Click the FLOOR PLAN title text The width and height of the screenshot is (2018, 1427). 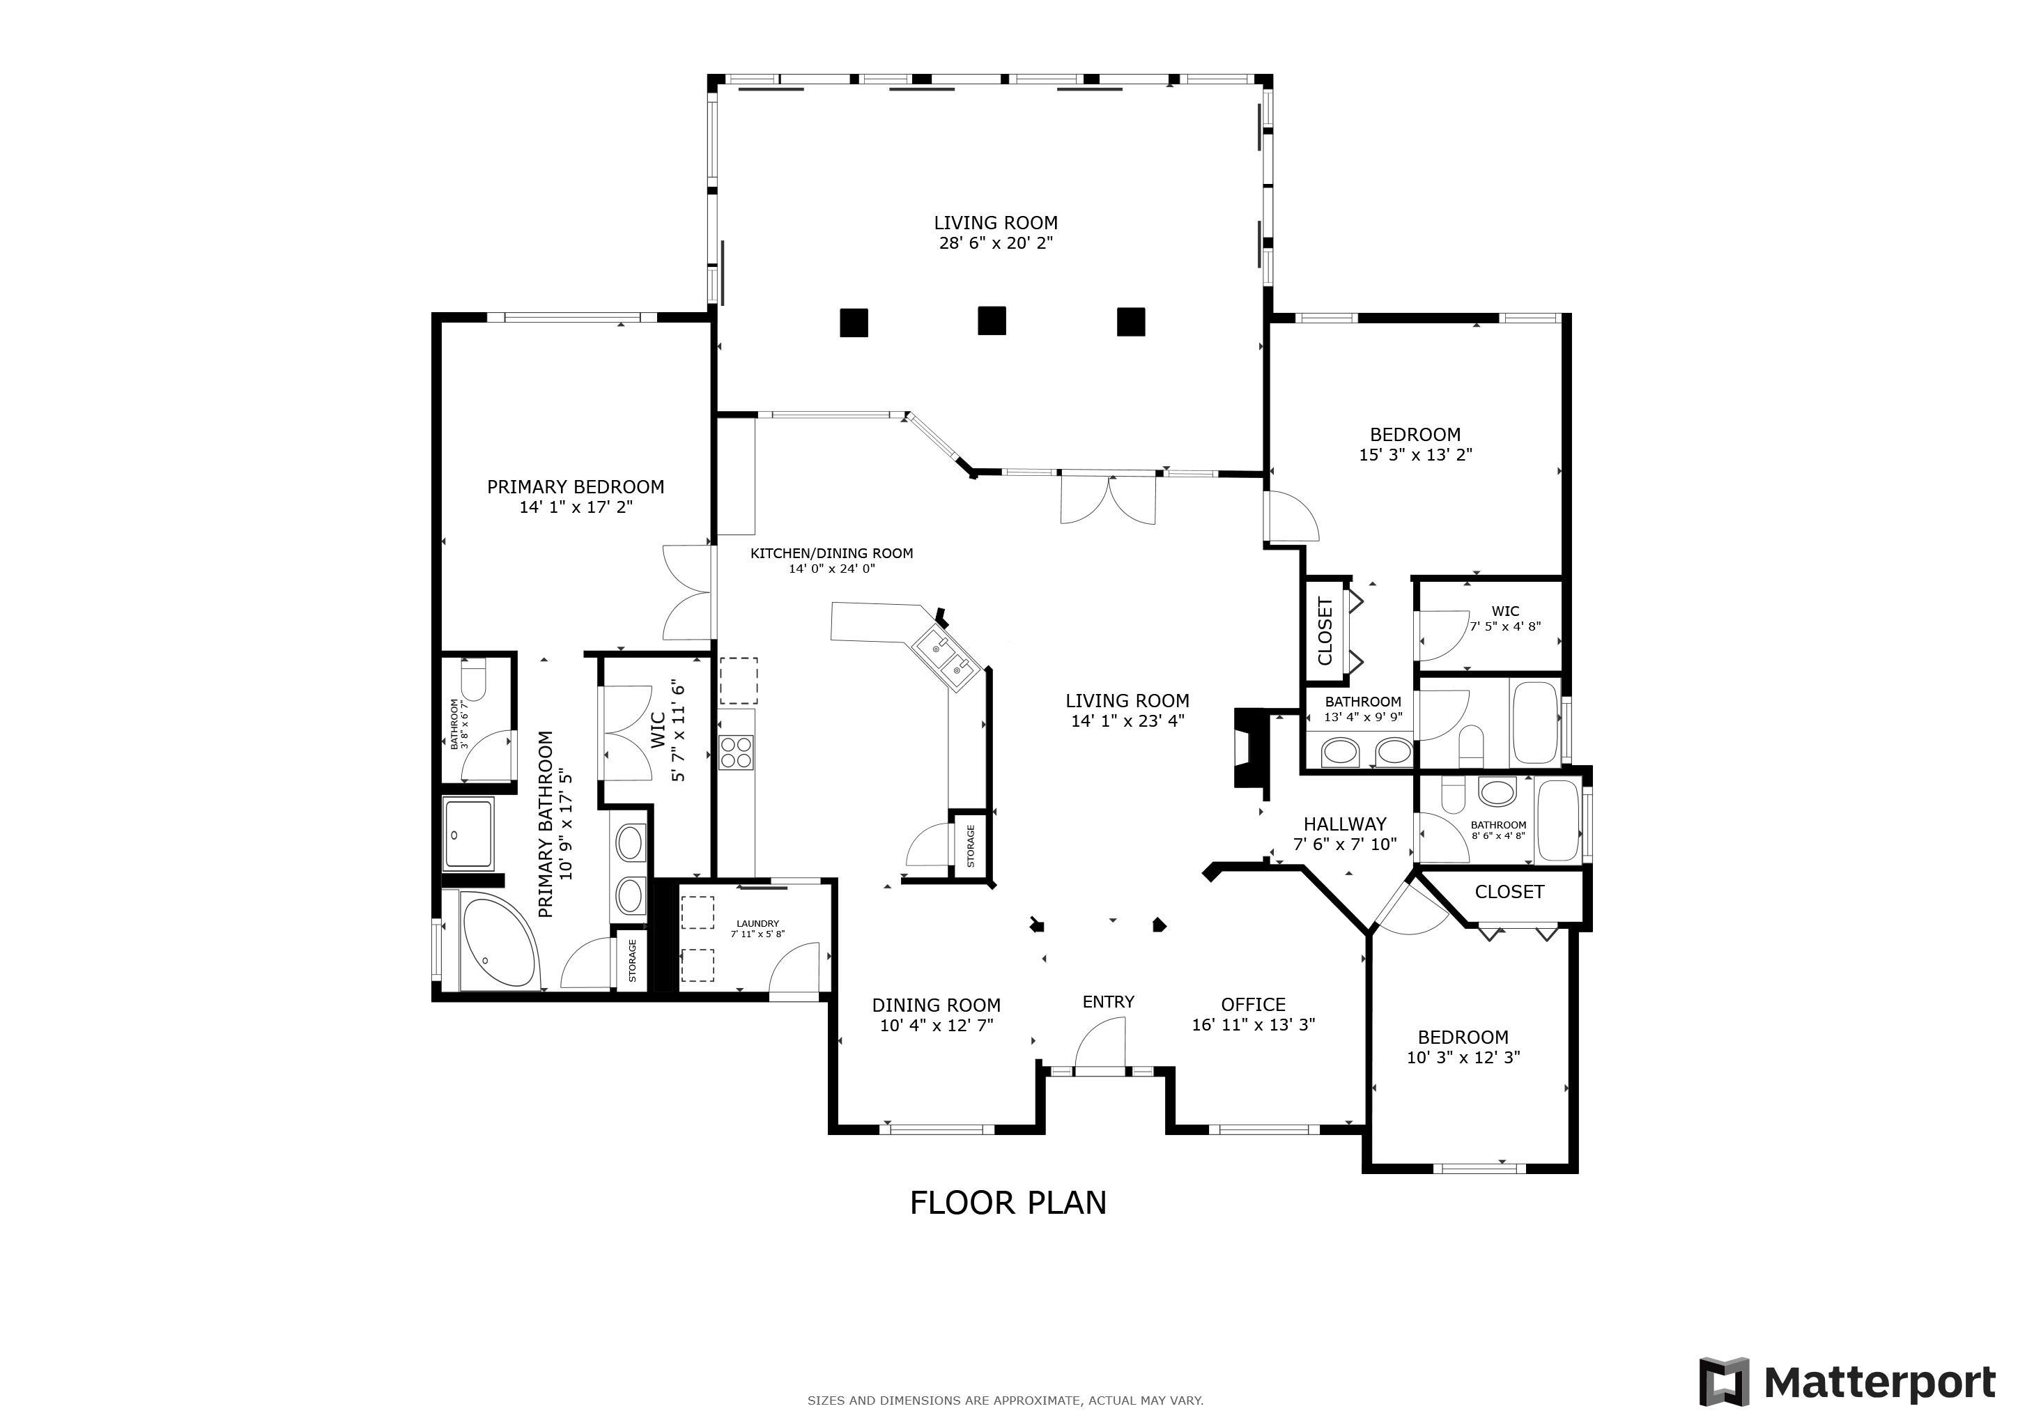click(1008, 1203)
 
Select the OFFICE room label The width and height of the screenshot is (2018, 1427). click(1254, 1004)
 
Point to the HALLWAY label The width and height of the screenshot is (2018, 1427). click(1345, 824)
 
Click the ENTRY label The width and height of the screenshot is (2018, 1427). click(1109, 1002)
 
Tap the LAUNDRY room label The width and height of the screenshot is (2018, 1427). click(757, 923)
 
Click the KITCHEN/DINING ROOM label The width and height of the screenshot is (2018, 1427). click(831, 553)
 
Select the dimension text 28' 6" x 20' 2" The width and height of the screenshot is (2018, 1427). click(996, 243)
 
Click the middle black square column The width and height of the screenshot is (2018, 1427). click(992, 321)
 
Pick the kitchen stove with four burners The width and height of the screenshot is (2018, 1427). click(737, 752)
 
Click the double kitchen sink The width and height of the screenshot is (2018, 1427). click(943, 657)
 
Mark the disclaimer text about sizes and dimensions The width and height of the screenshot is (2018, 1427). click(1006, 1401)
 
